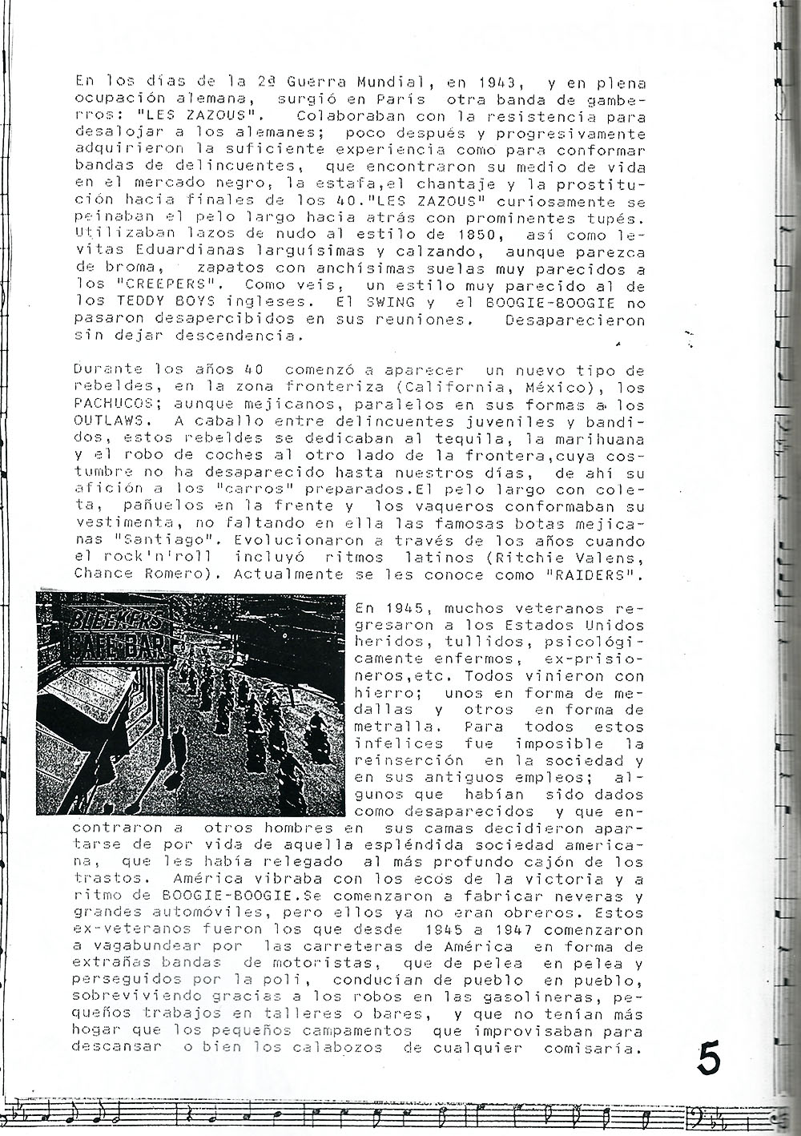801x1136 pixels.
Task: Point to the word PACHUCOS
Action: click(106, 405)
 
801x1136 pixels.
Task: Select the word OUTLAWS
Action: click(106, 421)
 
